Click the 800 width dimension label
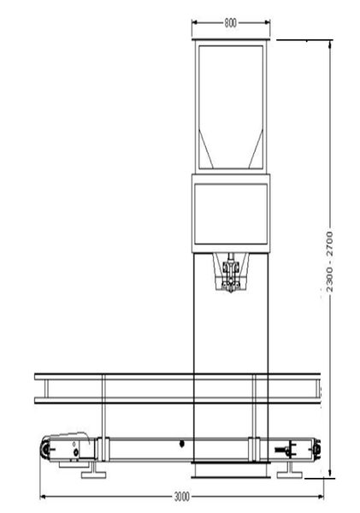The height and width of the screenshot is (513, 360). pos(230,23)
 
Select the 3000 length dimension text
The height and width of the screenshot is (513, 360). pos(181,497)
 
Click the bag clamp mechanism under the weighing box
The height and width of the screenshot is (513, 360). pos(231,273)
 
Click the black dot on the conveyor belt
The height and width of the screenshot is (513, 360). pos(182,444)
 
